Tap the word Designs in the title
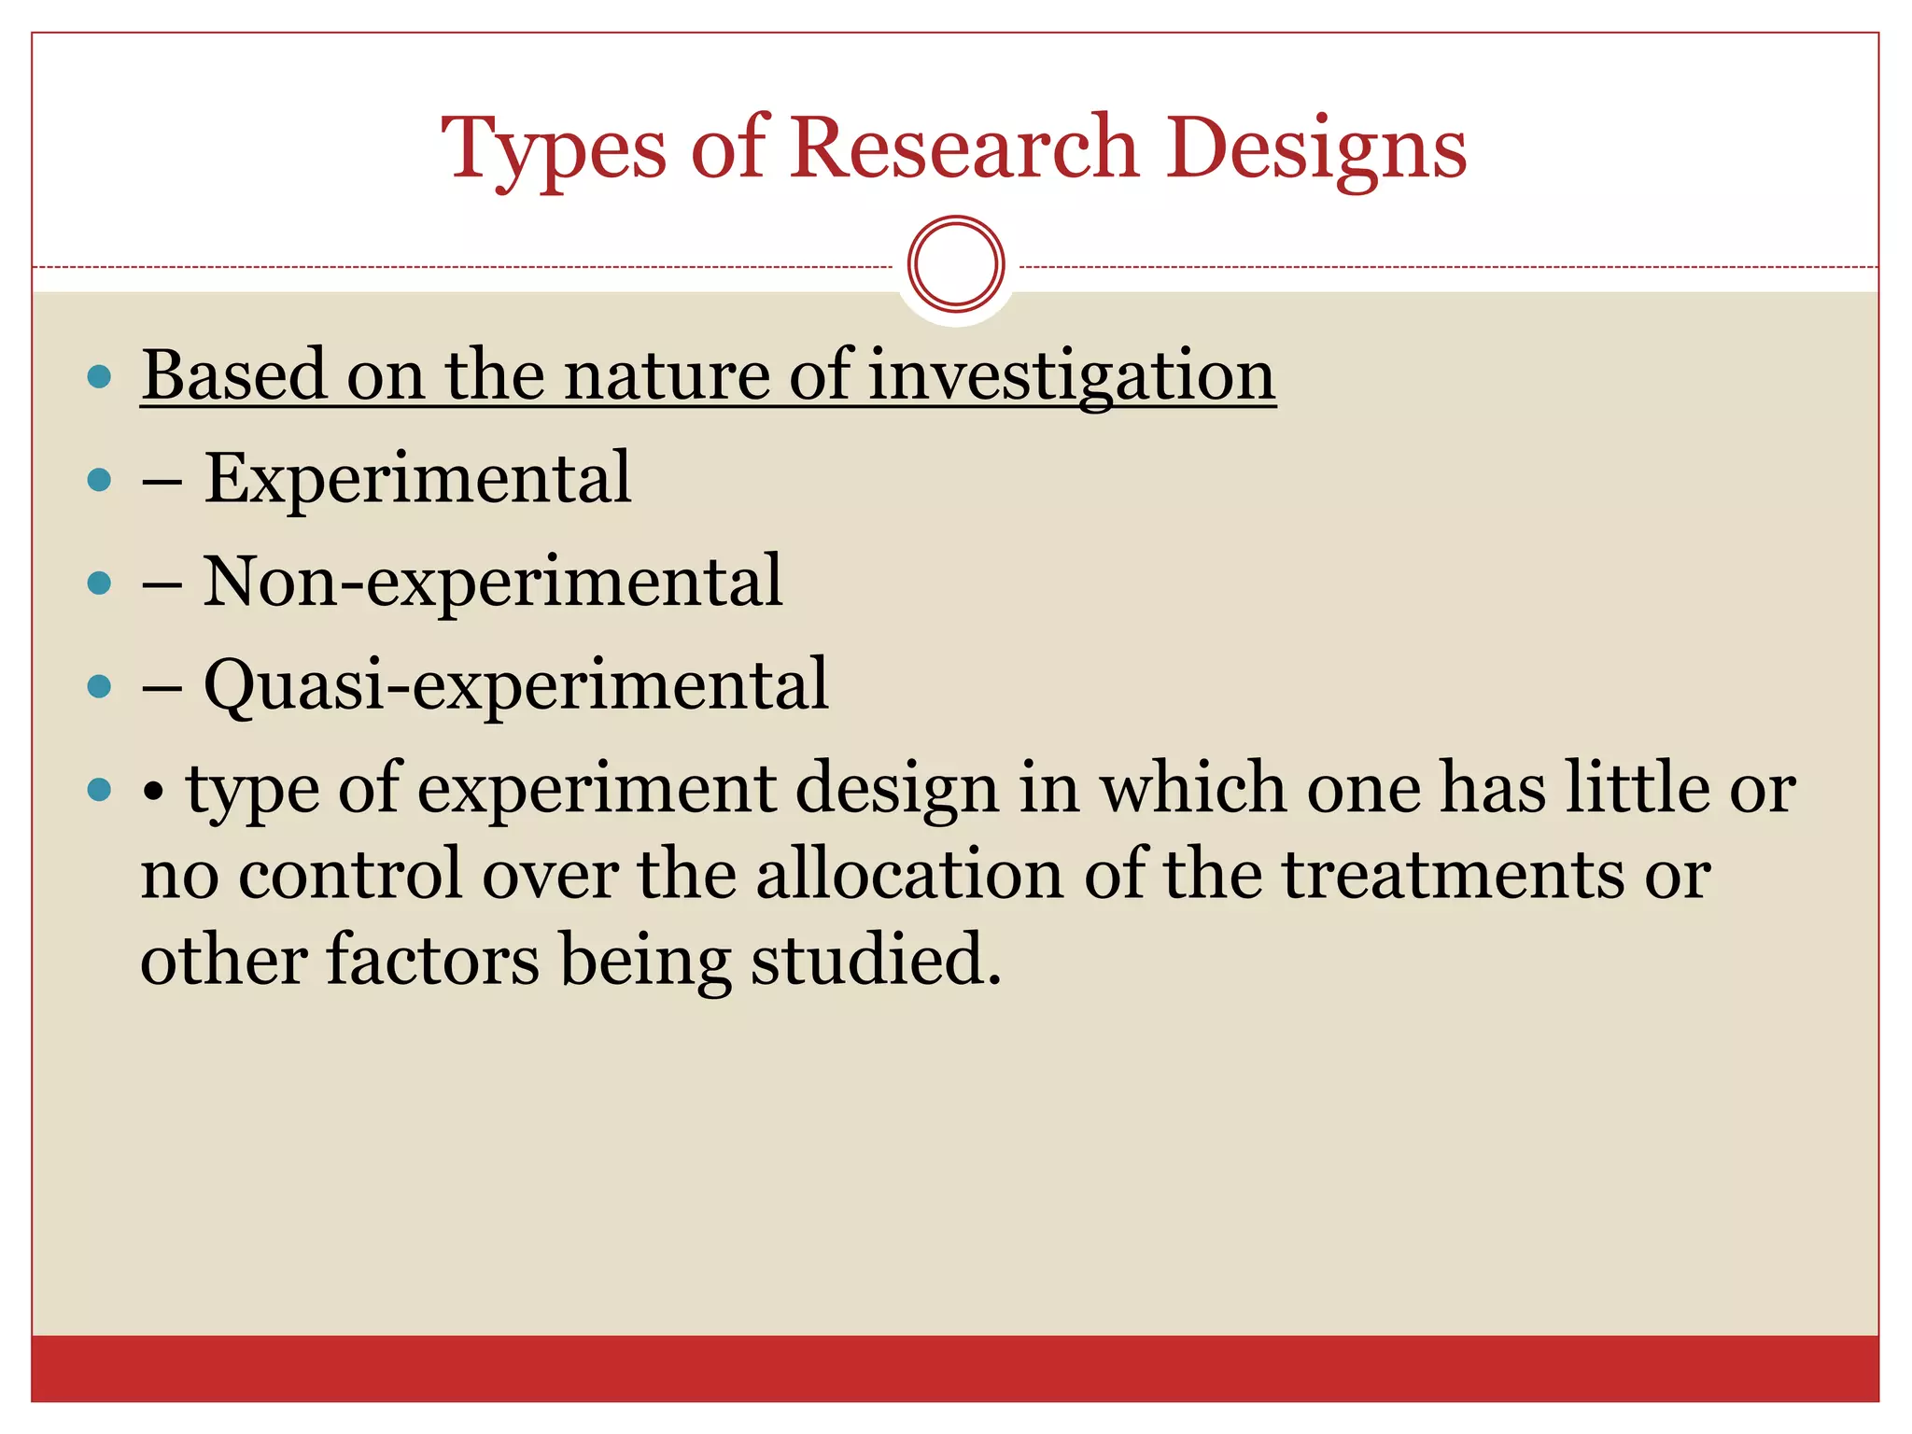point(1316,149)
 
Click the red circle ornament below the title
point(956,264)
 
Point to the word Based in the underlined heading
point(234,375)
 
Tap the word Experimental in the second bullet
point(417,478)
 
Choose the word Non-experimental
point(493,582)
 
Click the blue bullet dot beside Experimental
point(99,481)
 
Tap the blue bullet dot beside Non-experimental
point(99,584)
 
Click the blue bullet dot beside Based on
point(99,377)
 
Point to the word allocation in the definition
point(909,875)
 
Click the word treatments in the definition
point(1452,875)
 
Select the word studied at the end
point(876,960)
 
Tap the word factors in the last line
point(432,960)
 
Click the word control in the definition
point(351,875)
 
